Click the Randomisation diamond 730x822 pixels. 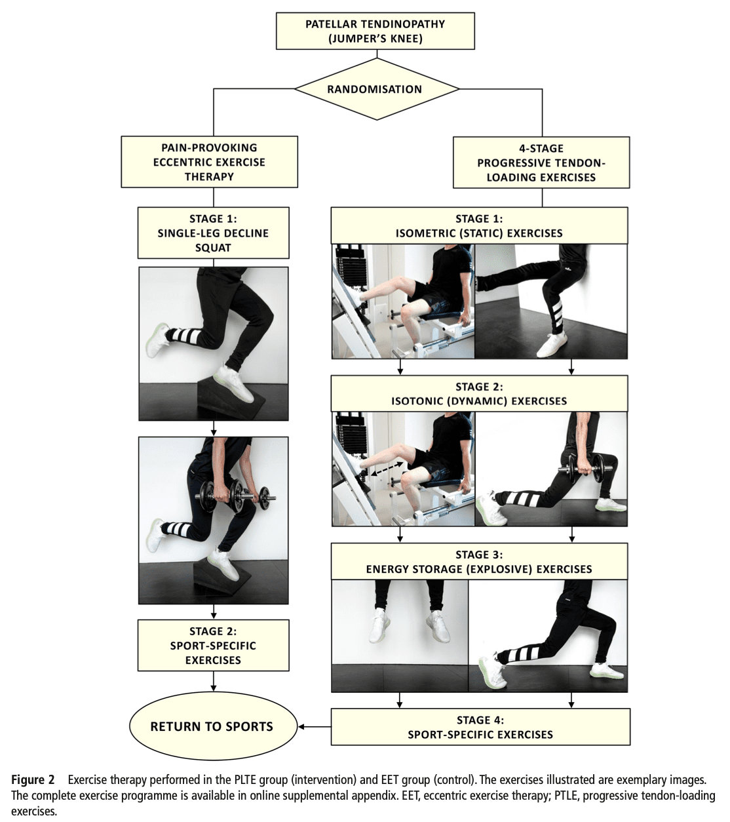375,89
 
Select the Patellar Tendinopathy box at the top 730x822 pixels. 375,31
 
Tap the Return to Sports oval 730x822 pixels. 212,726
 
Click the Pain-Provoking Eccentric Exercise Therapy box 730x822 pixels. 209,162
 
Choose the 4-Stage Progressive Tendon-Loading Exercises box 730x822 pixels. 541,163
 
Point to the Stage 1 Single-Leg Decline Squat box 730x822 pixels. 213,233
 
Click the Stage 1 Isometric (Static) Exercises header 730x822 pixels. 479,225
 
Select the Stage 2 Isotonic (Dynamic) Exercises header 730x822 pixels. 479,393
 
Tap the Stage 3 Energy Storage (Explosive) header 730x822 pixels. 479,562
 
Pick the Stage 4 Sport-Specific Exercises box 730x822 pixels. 480,727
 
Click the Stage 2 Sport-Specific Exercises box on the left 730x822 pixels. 213,646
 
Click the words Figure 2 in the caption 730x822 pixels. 33,780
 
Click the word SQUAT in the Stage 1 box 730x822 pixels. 213,248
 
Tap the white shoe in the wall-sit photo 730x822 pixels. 551,345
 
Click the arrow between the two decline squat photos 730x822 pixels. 213,429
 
